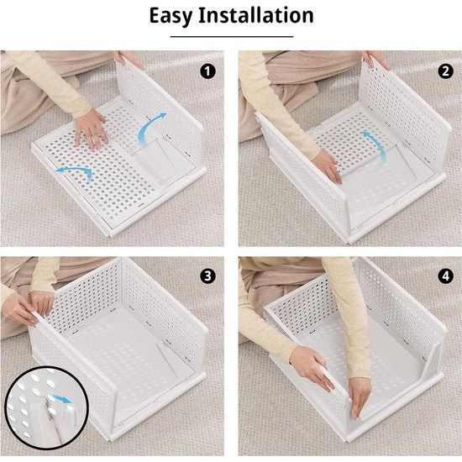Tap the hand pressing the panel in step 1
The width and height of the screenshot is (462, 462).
coord(91,127)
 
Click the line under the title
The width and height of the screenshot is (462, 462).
coord(230,36)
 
